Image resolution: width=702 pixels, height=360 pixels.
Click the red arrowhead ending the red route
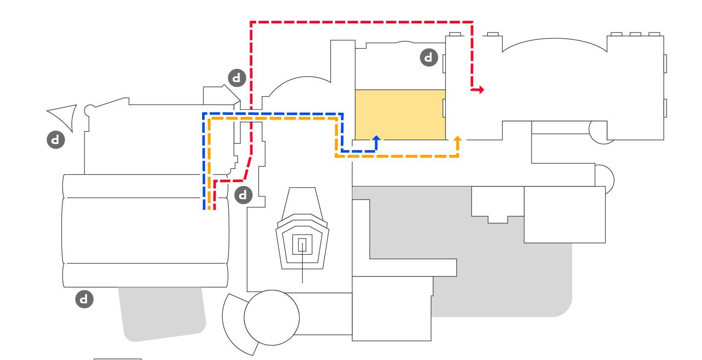click(x=480, y=90)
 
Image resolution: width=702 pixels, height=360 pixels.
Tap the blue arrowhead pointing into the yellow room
click(x=376, y=138)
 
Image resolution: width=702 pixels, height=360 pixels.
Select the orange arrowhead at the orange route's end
click(x=458, y=139)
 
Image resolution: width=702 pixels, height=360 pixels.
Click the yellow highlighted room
click(x=400, y=114)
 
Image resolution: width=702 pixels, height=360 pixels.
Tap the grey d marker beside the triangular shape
click(x=56, y=140)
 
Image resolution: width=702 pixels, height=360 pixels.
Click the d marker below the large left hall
click(x=84, y=299)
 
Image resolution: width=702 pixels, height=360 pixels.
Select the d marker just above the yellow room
click(x=429, y=57)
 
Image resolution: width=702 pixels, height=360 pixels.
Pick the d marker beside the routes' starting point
click(x=243, y=195)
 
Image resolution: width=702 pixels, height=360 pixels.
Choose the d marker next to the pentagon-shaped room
click(x=237, y=78)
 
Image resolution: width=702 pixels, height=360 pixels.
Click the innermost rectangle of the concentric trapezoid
click(x=302, y=245)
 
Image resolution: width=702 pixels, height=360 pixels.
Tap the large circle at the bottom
click(x=271, y=317)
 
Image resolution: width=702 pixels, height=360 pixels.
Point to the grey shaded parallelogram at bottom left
click(x=162, y=313)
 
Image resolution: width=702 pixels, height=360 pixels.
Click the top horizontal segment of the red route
click(x=362, y=22)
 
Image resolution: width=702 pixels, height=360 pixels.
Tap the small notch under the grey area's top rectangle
click(x=497, y=220)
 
